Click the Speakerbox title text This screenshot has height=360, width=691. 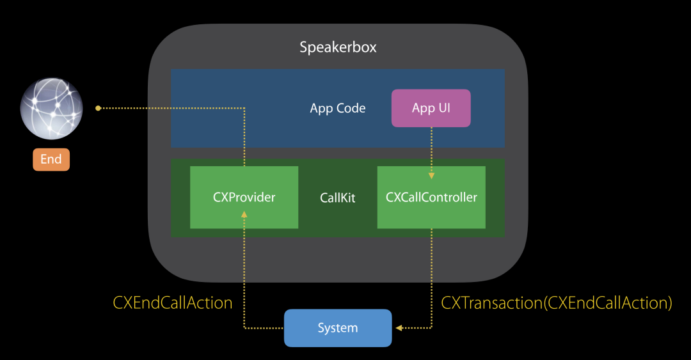tap(338, 47)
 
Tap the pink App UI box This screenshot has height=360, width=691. tap(431, 108)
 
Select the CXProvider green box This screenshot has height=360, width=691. tap(244, 197)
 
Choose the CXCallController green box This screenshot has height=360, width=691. tap(431, 197)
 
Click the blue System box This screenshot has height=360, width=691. tap(337, 328)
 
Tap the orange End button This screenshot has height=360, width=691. tap(51, 159)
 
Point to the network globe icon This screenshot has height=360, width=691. tap(51, 109)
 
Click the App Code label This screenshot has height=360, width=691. tap(337, 108)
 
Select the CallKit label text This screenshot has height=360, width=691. tap(337, 198)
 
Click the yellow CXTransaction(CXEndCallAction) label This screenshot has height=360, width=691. tap(557, 302)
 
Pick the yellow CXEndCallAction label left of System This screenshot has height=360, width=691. tap(173, 302)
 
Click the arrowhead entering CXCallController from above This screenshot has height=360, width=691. tap(431, 175)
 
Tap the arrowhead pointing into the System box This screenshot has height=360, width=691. tap(399, 328)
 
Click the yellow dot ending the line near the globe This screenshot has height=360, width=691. tap(98, 108)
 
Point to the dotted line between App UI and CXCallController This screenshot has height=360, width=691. tap(431, 150)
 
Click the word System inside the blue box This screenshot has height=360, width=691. tap(337, 328)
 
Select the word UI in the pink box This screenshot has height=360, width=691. tap(444, 108)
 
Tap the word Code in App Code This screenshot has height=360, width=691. tap(352, 108)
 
